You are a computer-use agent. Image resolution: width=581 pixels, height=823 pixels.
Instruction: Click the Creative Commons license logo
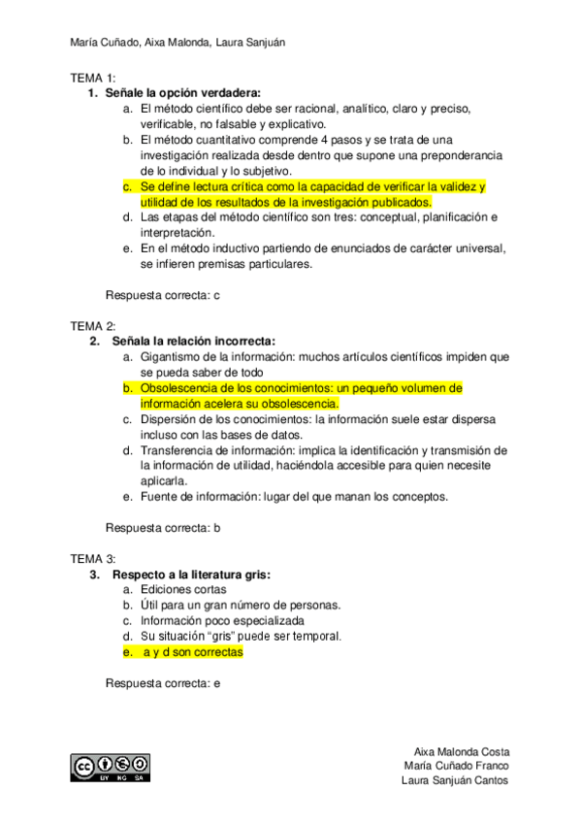110,767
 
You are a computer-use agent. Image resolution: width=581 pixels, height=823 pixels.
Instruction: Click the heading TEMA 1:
93,78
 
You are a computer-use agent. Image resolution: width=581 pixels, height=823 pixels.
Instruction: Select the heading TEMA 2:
93,326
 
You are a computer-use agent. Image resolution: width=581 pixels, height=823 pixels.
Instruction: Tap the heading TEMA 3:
93,559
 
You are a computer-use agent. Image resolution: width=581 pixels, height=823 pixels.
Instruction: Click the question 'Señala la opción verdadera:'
181,93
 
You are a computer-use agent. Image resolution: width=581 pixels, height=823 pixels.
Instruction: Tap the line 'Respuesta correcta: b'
163,528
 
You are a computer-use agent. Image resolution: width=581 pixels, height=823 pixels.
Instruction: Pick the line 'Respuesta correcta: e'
163,683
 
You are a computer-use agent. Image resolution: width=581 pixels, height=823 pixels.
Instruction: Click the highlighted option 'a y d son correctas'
192,652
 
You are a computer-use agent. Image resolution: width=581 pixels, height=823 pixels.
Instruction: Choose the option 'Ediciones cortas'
183,590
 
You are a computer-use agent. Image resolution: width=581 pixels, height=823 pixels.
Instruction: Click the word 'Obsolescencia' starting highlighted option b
179,388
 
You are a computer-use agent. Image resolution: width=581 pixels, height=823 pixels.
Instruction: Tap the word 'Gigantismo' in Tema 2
172,357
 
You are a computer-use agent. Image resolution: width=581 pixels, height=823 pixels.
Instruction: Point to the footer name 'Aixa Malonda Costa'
462,752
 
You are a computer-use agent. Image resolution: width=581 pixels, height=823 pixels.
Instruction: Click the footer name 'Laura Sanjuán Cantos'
456,781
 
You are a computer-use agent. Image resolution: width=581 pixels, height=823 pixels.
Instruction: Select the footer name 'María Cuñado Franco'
458,767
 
